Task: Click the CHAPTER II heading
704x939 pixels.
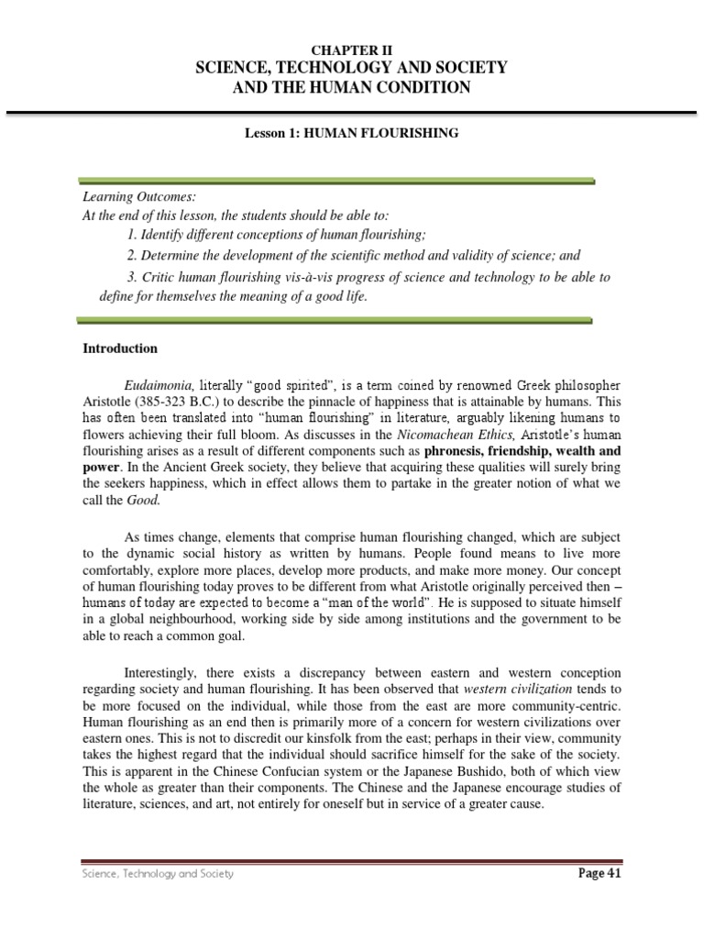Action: click(352, 51)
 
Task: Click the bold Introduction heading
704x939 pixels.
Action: click(120, 348)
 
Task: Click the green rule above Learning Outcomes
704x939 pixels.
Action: click(337, 181)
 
